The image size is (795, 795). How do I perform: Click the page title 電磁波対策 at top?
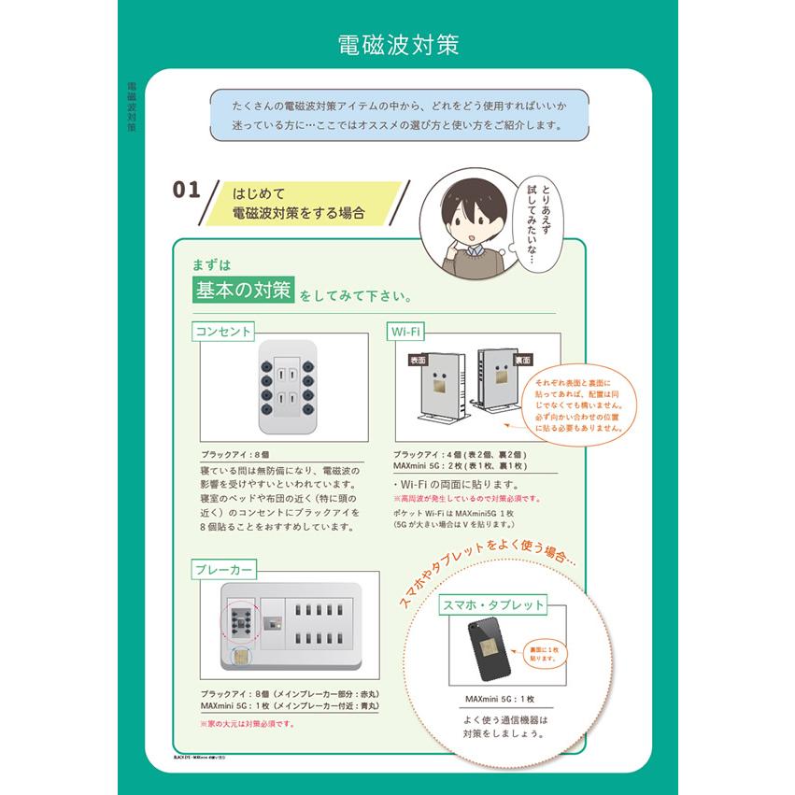tap(397, 45)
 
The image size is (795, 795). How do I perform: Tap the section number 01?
tap(186, 190)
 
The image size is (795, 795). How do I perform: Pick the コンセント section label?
tap(223, 331)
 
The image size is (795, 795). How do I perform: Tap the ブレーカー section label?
tap(225, 569)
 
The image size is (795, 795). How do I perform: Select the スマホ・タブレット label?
tap(493, 604)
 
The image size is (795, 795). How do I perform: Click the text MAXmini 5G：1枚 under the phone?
tap(500, 700)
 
